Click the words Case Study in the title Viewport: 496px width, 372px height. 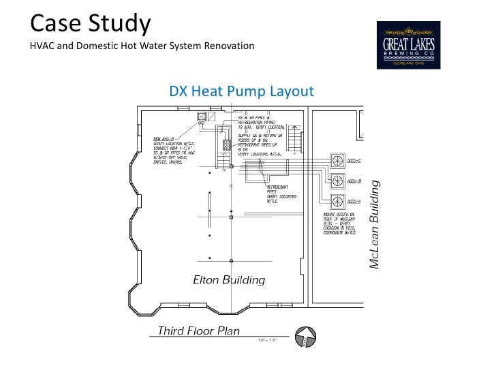tap(89, 24)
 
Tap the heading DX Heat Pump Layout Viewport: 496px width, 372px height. tap(241, 91)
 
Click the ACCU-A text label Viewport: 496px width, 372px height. tap(354, 202)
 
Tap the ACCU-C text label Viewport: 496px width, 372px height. tap(354, 161)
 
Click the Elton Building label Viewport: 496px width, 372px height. tap(229, 280)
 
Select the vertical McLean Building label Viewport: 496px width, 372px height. tap(373, 224)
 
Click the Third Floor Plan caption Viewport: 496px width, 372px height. tap(198, 331)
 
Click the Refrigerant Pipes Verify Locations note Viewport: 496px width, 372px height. tap(279, 193)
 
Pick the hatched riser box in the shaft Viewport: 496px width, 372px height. tap(227, 144)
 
